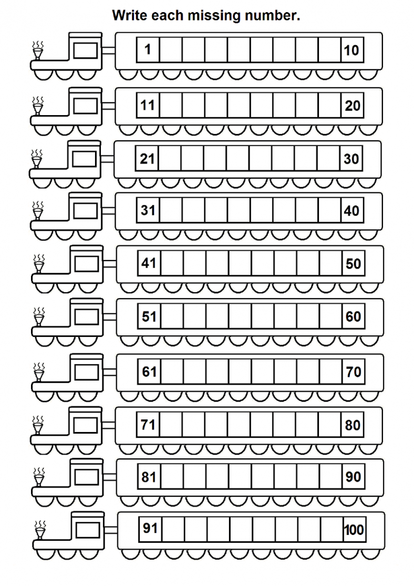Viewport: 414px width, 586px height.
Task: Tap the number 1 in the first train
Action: coord(148,49)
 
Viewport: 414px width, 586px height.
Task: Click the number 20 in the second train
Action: coord(353,106)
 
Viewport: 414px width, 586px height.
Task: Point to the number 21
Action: coord(147,159)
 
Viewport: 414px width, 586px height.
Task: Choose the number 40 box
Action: coord(353,210)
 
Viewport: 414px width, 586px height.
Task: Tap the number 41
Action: coord(149,263)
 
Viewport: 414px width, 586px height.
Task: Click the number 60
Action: coord(353,316)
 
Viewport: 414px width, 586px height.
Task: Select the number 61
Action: coord(149,372)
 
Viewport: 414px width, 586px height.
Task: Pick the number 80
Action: coord(353,425)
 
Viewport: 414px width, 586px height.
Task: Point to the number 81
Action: coord(149,477)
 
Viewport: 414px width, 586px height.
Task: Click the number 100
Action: coord(354,530)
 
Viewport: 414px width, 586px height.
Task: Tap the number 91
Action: coord(150,528)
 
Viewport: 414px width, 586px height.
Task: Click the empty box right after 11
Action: coord(171,106)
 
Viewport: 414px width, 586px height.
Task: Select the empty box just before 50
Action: coord(330,263)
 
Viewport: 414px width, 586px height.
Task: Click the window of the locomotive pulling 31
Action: coord(86,211)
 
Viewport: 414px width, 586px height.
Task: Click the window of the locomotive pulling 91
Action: coord(88,530)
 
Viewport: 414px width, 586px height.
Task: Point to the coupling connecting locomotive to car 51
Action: coord(110,317)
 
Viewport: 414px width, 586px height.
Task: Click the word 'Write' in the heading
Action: coord(126,16)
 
